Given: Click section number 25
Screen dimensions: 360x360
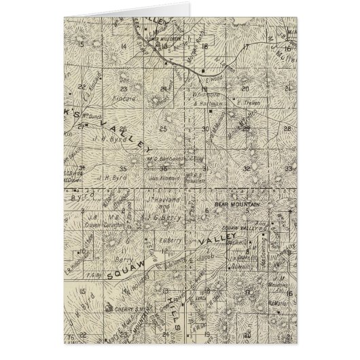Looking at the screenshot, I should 163,128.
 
